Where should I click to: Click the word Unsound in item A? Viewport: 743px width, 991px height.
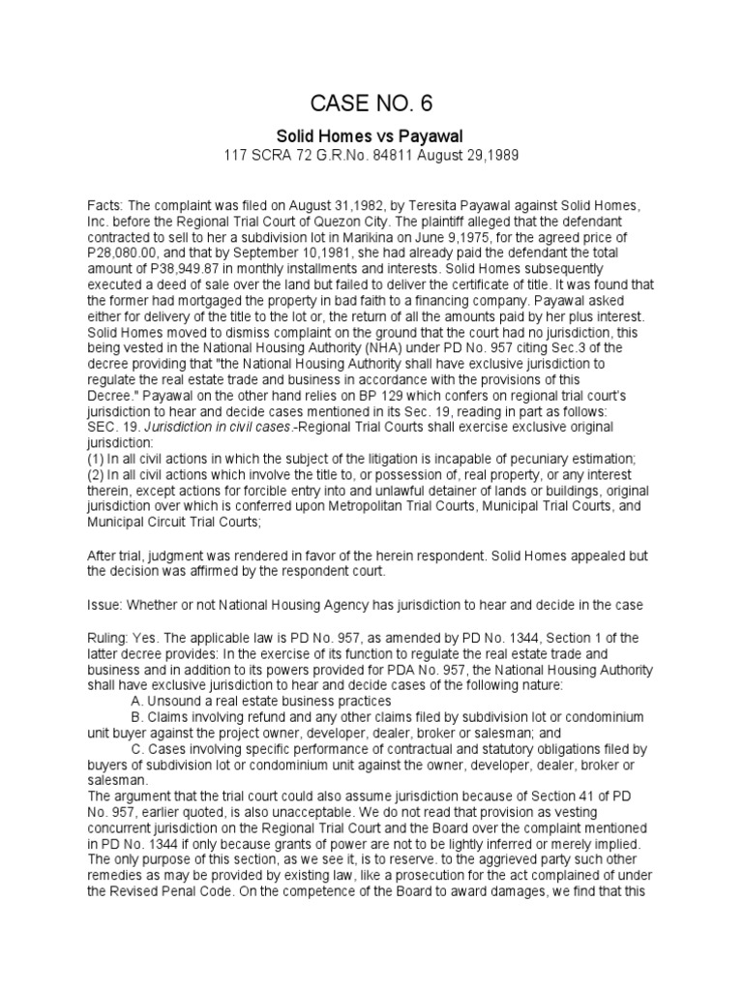(x=171, y=700)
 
